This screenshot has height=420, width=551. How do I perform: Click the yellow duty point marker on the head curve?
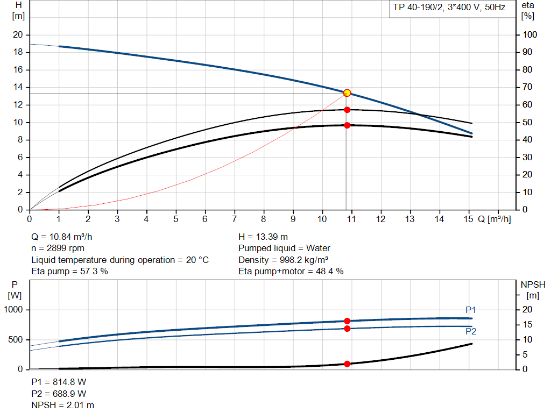pos(347,93)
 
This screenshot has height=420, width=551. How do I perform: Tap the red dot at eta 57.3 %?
pos(347,110)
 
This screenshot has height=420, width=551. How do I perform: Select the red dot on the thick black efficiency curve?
pos(347,125)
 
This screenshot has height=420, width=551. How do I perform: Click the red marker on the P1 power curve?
pos(347,321)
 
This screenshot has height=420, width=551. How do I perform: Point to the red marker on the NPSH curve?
pos(347,364)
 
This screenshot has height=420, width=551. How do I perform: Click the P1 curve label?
pos(471,310)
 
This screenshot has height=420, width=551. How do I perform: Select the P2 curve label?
pos(471,332)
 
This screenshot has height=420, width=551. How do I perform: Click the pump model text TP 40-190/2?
pos(419,8)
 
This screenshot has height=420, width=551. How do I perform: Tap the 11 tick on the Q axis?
pos(351,219)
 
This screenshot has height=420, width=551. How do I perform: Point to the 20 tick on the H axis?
pos(18,35)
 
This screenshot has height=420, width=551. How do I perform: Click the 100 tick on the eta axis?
pos(530,35)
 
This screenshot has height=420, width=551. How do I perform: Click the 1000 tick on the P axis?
pos(14,310)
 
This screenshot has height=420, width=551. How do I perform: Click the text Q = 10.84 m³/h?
pos(66,237)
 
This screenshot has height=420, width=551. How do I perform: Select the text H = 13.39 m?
pos(263,237)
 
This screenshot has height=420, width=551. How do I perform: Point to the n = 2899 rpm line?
pos(58,248)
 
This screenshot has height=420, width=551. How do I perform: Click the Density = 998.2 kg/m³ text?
pos(284,260)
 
